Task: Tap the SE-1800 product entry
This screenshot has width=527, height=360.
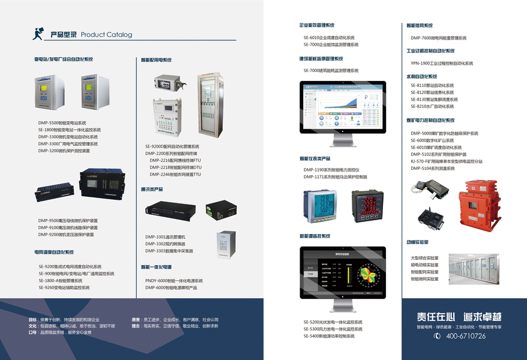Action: [x=68, y=130]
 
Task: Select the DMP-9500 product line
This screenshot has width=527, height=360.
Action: [x=68, y=220]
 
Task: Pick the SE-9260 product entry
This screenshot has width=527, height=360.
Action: [x=64, y=287]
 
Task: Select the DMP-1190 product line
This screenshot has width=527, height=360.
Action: [x=331, y=170]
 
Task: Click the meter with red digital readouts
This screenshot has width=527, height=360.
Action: [x=368, y=207]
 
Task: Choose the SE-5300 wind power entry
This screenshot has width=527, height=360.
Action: [x=333, y=329]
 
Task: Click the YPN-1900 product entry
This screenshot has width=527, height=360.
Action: [x=442, y=63]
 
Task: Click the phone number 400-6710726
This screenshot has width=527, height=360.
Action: [x=465, y=336]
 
